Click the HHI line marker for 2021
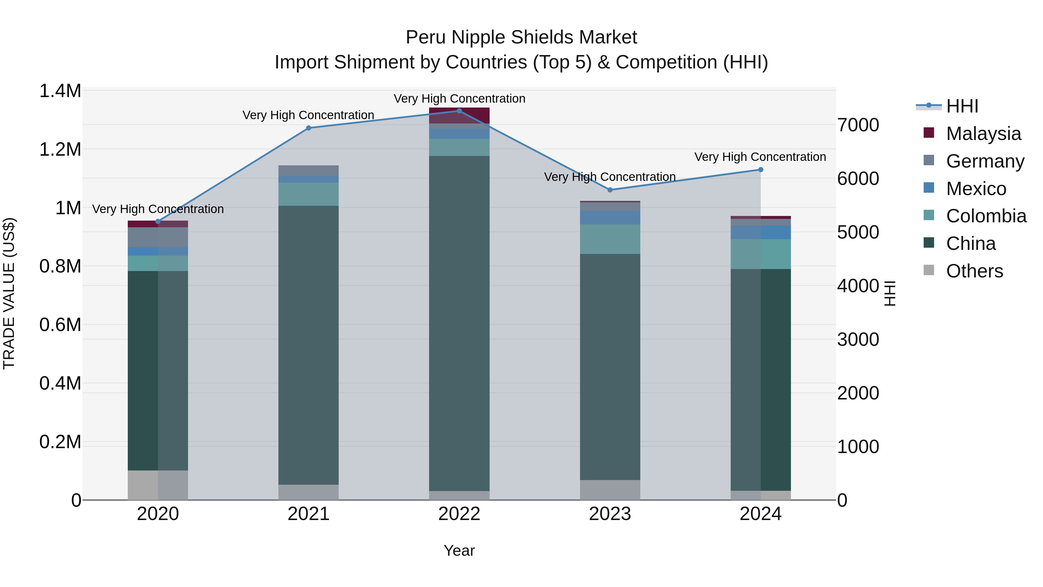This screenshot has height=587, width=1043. pos(309,128)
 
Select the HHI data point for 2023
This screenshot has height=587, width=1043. pos(610,190)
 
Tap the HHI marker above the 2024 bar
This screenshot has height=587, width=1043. pos(761,170)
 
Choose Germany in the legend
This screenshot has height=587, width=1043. pos(985,161)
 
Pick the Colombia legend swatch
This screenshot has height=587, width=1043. pos(929,215)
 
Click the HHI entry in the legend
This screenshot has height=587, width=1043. pos(962,106)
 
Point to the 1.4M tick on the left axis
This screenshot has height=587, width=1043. pos(60,91)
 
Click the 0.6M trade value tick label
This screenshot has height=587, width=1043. pos(60,325)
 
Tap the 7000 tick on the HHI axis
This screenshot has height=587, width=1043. pos(858,125)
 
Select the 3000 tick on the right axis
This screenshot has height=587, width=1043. pos(858,339)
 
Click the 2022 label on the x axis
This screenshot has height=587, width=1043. pos(459,514)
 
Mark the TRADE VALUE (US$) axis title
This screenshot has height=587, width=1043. pos(9,293)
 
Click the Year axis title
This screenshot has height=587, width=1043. pos(459,550)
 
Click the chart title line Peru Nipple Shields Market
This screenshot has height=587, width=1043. pos(521,37)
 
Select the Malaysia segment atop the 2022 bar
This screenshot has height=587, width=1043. pos(459,115)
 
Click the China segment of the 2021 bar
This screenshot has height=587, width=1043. pos(309,344)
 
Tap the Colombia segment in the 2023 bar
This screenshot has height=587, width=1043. pos(610,239)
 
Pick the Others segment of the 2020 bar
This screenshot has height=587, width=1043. pos(158,485)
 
